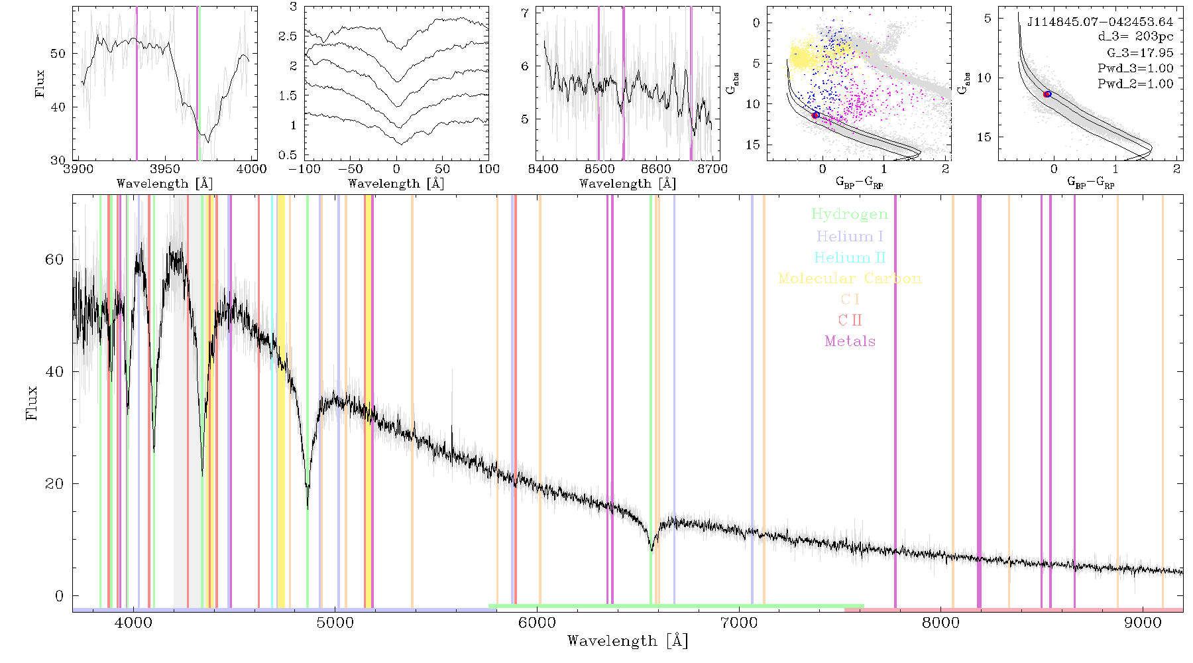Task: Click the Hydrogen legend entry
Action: tap(849, 214)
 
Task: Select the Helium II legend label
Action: tap(850, 257)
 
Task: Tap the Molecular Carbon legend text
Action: tap(850, 278)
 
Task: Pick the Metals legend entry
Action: tap(850, 341)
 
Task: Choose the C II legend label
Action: tap(850, 320)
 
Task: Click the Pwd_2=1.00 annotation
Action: tap(1135, 84)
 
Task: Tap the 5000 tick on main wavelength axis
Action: tap(335, 623)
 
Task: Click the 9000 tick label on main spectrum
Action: tap(1143, 623)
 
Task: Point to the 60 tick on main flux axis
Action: tap(54, 259)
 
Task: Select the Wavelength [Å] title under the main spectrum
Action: tap(628, 641)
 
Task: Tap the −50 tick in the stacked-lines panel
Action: tap(350, 169)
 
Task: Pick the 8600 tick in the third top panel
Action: tap(656, 169)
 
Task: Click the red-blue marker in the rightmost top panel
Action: tap(1047, 94)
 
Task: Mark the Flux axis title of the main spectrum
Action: tap(31, 403)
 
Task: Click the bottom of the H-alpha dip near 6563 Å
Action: tap(652, 550)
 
